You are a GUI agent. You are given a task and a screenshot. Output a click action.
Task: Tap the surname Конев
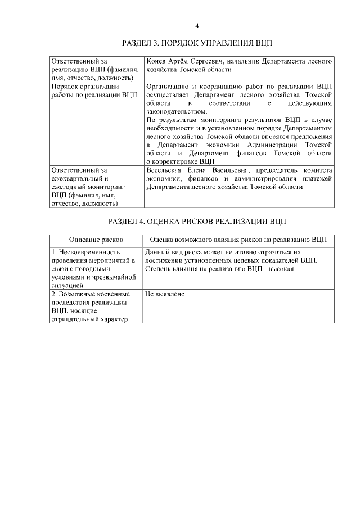pos(156,60)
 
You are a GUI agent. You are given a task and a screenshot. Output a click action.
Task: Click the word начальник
pos(244,60)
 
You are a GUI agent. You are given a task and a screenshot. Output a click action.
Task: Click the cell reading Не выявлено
pos(165,294)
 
